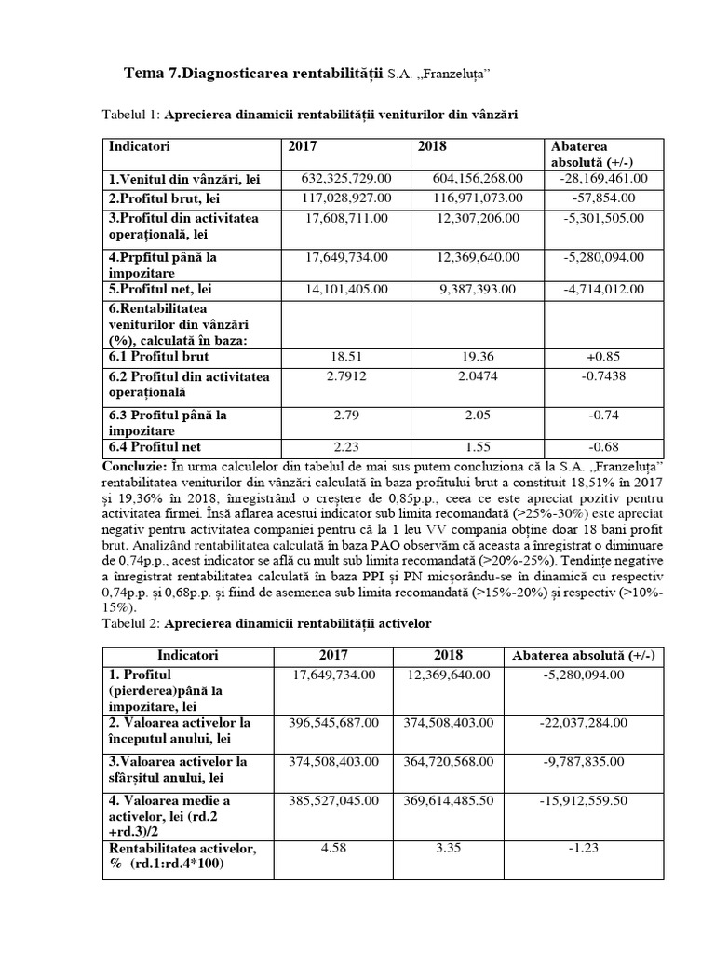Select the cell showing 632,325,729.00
click(346, 178)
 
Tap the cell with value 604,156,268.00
click(478, 178)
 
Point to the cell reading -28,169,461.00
click(604, 178)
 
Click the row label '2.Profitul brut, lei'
click(164, 198)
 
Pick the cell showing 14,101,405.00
click(346, 289)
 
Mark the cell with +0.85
click(604, 357)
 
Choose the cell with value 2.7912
click(346, 376)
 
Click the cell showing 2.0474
click(478, 376)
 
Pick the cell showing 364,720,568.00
click(450, 761)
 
